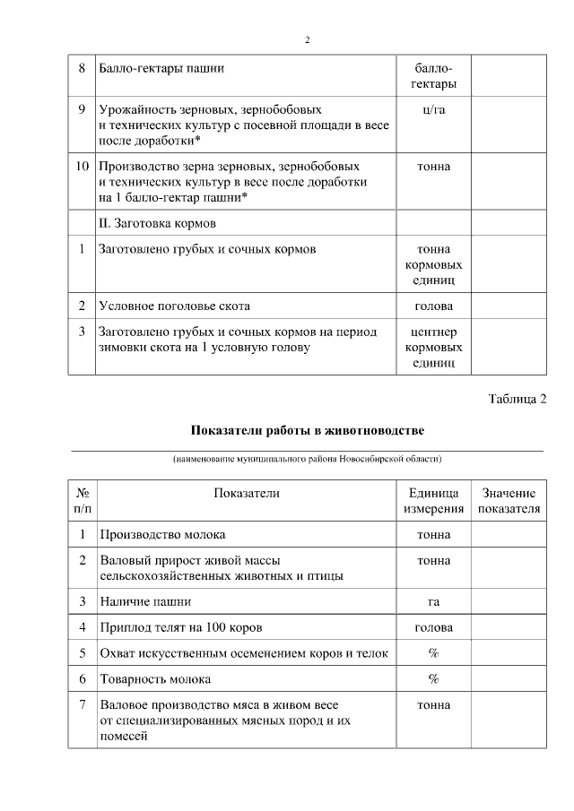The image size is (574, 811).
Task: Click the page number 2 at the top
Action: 307,40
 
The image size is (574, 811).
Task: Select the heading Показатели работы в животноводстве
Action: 307,430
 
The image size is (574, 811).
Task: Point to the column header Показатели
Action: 247,493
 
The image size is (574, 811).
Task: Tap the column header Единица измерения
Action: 434,501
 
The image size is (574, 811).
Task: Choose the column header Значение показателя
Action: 509,501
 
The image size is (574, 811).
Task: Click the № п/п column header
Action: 82,501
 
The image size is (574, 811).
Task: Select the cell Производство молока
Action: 156,535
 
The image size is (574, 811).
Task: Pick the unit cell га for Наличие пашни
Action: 434,601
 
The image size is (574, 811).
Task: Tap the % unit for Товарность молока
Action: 434,678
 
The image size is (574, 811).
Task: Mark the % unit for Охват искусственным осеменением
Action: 434,652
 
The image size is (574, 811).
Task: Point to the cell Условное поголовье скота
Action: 174,306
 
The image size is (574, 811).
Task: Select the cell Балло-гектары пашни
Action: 161,68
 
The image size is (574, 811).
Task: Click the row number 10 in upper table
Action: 82,167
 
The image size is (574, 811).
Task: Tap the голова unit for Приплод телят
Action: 434,626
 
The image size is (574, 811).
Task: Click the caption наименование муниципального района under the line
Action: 307,459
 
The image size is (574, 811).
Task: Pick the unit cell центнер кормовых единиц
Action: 434,347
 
